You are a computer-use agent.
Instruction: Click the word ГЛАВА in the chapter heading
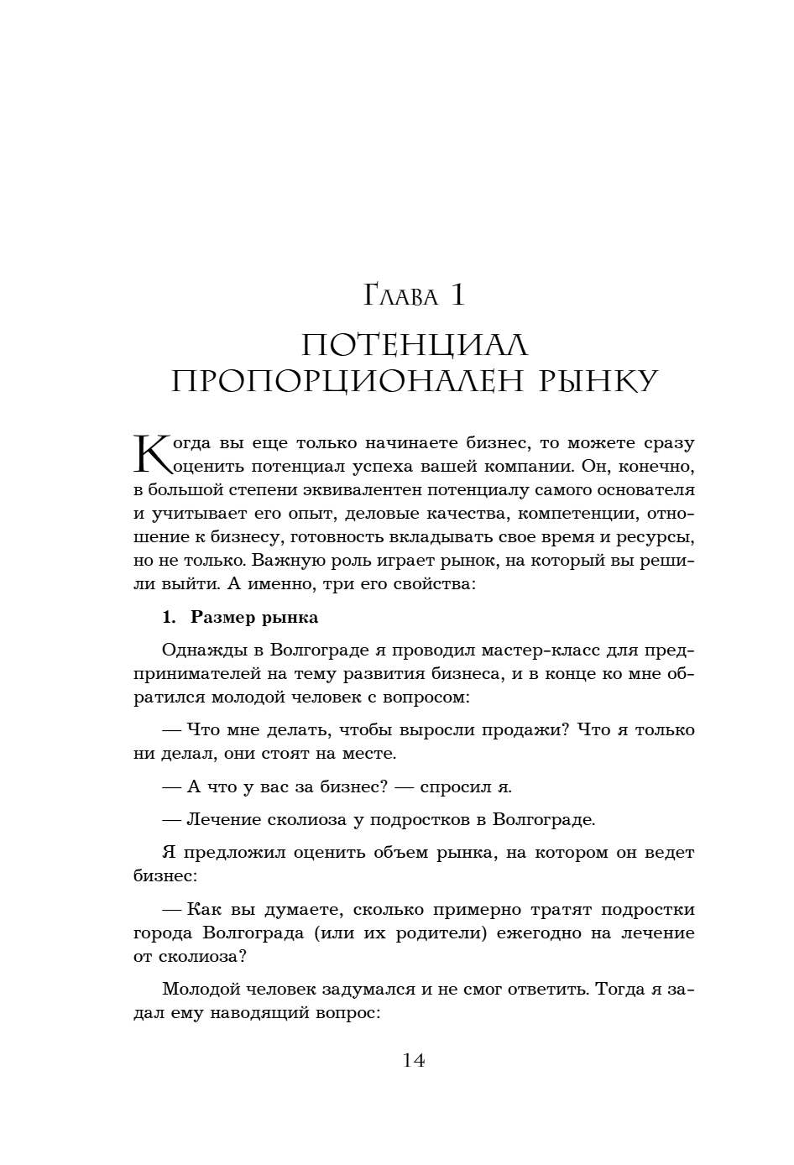click(x=401, y=296)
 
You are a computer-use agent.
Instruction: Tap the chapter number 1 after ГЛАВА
click(x=457, y=295)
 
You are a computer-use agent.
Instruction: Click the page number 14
click(x=414, y=1060)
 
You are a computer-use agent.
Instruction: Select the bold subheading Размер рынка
click(x=254, y=618)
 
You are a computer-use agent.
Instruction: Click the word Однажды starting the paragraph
click(x=196, y=650)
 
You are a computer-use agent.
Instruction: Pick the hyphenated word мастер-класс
click(x=505, y=650)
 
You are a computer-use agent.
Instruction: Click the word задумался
click(x=359, y=989)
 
